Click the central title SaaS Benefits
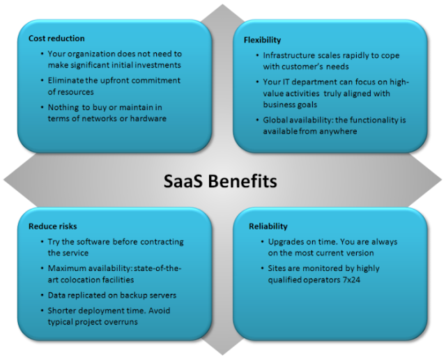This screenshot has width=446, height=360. [220, 181]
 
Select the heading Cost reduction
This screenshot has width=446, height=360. [56, 38]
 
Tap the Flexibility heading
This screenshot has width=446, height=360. [262, 40]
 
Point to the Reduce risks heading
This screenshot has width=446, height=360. [53, 226]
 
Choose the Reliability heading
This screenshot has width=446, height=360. [268, 226]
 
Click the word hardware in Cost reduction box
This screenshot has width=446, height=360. [148, 118]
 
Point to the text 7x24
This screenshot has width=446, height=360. [351, 280]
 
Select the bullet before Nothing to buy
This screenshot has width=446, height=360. [42, 107]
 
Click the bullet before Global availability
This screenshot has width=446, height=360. [257, 120]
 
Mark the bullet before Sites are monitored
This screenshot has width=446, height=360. [263, 269]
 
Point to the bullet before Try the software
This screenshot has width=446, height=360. [42, 242]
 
